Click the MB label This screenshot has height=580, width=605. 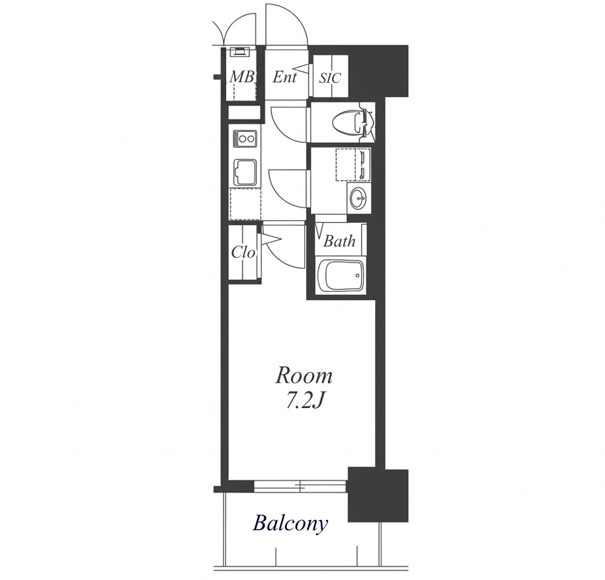(242, 77)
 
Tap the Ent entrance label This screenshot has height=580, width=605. (285, 77)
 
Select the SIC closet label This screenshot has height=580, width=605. (330, 78)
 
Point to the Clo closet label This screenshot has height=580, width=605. (243, 252)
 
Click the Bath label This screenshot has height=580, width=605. (339, 241)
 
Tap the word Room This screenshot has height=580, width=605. (304, 376)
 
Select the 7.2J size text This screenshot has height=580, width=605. (303, 401)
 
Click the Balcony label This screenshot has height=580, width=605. (290, 524)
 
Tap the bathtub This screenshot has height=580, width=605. (340, 276)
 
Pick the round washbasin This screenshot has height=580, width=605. (359, 199)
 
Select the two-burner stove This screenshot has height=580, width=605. (245, 139)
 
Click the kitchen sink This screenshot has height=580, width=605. (245, 173)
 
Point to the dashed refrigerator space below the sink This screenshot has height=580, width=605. (245, 204)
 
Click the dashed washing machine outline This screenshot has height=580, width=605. (353, 164)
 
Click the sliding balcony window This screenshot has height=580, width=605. (300, 486)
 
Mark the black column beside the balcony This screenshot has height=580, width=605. (378, 495)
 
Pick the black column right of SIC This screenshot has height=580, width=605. (378, 71)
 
